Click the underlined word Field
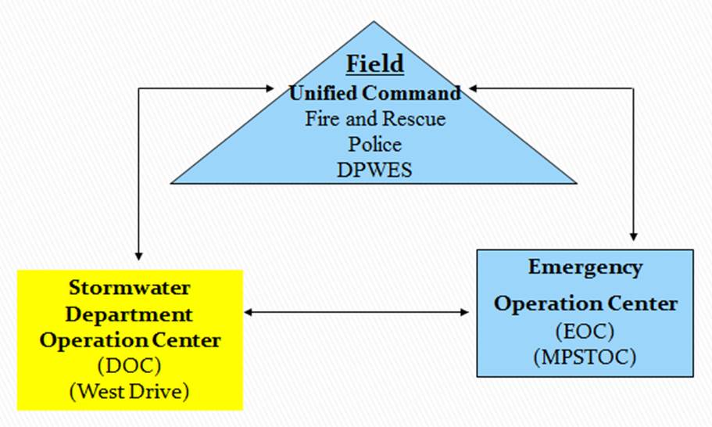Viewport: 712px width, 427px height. (x=375, y=63)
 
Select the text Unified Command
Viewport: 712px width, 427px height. (x=375, y=93)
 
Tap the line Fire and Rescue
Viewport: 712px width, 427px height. (x=375, y=119)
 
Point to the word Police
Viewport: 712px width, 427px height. (x=375, y=144)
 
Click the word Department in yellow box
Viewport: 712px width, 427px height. (x=129, y=315)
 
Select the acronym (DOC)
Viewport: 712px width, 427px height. (x=129, y=365)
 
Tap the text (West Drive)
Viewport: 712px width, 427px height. (x=129, y=390)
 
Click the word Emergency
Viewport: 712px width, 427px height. (x=585, y=267)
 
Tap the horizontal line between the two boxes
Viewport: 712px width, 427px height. (x=356, y=313)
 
